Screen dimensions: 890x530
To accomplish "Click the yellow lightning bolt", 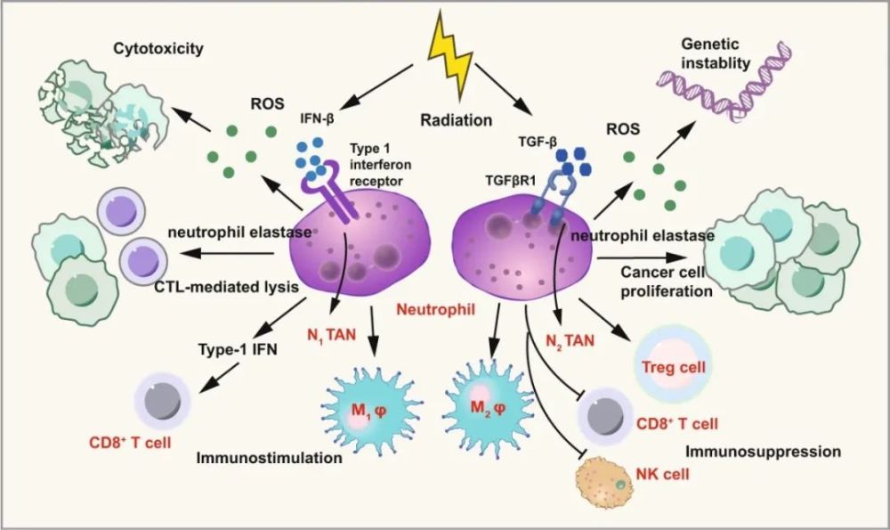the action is click(450, 55).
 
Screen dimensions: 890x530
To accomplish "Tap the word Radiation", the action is click(456, 120).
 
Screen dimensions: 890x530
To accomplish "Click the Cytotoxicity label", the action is click(158, 49).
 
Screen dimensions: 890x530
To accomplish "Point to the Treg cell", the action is click(673, 364).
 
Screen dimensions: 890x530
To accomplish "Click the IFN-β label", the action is click(317, 120).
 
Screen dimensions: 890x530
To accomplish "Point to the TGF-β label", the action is click(538, 143).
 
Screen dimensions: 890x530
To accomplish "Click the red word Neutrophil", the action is click(435, 310).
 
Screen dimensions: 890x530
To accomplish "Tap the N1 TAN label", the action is click(331, 336).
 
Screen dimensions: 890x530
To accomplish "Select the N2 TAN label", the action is click(570, 341).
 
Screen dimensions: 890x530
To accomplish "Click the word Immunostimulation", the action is click(269, 458).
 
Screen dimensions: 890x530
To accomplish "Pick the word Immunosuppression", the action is click(763, 452).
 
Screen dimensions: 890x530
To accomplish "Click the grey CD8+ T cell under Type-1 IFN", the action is click(162, 401).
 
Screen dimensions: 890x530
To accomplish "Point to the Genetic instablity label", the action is click(716, 53).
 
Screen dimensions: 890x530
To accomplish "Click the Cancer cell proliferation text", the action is click(666, 281).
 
